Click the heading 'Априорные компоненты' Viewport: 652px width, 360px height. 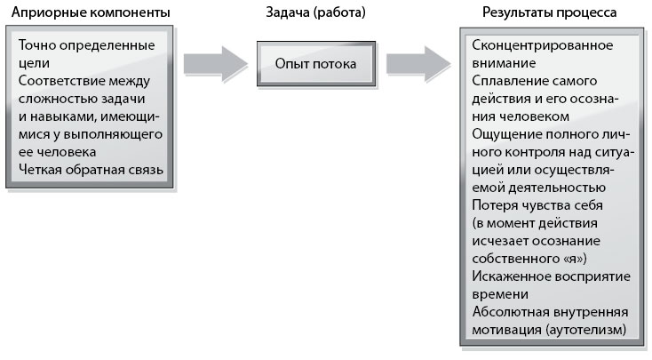click(91, 12)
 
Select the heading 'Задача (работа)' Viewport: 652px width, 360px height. click(315, 12)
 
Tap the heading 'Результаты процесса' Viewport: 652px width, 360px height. click(549, 12)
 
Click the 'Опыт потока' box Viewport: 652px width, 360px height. click(316, 64)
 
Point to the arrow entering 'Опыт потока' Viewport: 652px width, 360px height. click(216, 64)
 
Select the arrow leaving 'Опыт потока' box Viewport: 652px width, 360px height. click(418, 64)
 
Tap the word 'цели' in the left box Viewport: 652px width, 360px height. click(34, 63)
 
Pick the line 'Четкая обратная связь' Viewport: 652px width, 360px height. click(91, 170)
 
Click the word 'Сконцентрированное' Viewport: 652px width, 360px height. click(542, 45)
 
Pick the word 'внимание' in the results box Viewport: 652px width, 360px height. click(504, 63)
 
